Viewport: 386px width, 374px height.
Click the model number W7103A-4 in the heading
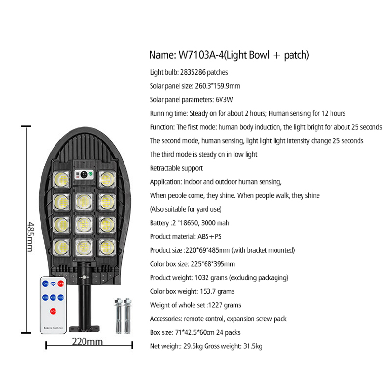coord(202,55)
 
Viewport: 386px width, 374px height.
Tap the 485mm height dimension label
coord(30,237)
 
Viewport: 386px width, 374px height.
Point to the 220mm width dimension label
coord(87,342)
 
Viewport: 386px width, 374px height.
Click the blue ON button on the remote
coord(45,284)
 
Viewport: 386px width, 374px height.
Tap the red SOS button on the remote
coord(53,311)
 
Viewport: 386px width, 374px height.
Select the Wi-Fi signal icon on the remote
coord(53,284)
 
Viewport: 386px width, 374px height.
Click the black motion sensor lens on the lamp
coord(84,174)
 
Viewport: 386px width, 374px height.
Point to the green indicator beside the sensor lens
coord(91,174)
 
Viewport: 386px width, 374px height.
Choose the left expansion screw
coord(118,316)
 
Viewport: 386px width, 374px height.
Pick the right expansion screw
coord(127,316)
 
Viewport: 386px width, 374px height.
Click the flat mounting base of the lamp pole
coord(84,329)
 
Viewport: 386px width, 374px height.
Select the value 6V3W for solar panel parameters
coord(224,100)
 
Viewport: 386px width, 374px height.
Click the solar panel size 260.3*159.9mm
coord(218,86)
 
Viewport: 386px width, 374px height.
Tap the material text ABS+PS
coord(209,236)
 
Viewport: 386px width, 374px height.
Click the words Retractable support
coord(176,168)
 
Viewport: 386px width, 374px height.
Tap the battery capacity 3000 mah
coord(215,223)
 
